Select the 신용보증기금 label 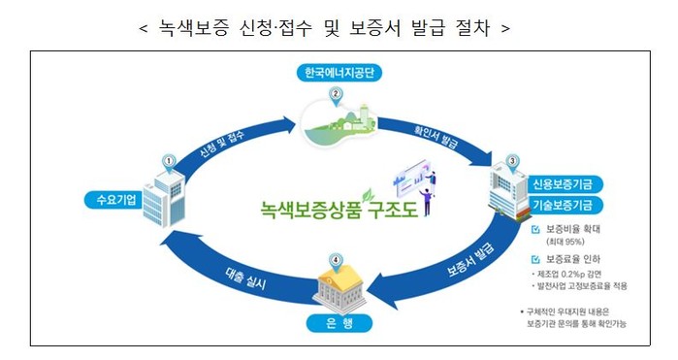pyautogui.click(x=563, y=184)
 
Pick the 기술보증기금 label pyautogui.click(x=563, y=205)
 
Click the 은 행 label pyautogui.click(x=339, y=323)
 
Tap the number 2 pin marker pyautogui.click(x=335, y=95)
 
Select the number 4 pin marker pyautogui.click(x=335, y=262)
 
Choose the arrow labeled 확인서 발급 pyautogui.click(x=436, y=138)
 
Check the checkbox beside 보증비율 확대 pyautogui.click(x=535, y=229)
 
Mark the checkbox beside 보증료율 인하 pyautogui.click(x=535, y=260)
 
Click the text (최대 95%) pyautogui.click(x=565, y=242)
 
